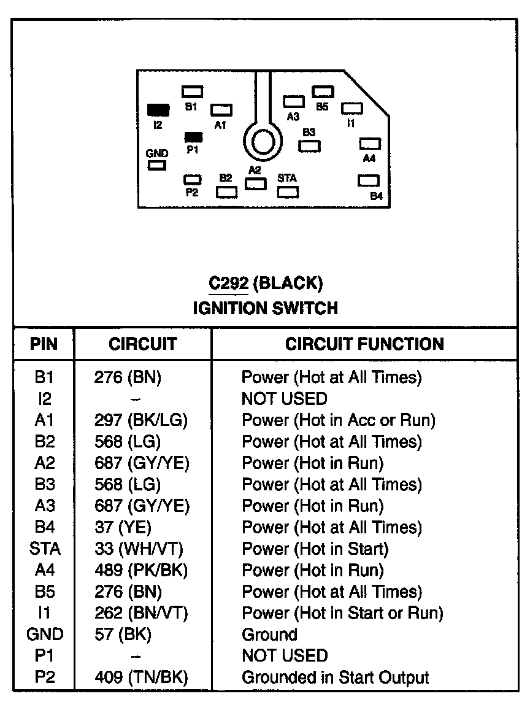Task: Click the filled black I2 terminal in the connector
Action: point(158,110)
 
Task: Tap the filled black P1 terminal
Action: point(193,137)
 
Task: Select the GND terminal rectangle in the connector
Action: point(157,165)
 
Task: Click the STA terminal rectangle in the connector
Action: point(288,191)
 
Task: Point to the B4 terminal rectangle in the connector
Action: point(369,181)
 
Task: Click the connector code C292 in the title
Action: point(228,284)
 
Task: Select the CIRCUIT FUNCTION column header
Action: point(364,344)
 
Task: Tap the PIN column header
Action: point(44,344)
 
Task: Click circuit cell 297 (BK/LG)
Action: point(140,420)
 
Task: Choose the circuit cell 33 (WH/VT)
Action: point(139,549)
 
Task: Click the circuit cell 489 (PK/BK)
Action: point(140,570)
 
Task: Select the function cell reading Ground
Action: point(269,635)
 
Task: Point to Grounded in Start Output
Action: point(335,678)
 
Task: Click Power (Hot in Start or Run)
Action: point(342,613)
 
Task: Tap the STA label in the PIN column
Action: point(44,549)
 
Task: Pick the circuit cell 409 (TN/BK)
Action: point(140,678)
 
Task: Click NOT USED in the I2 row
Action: point(285,399)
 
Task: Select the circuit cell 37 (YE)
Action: point(123,527)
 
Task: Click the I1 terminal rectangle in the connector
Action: point(351,109)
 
